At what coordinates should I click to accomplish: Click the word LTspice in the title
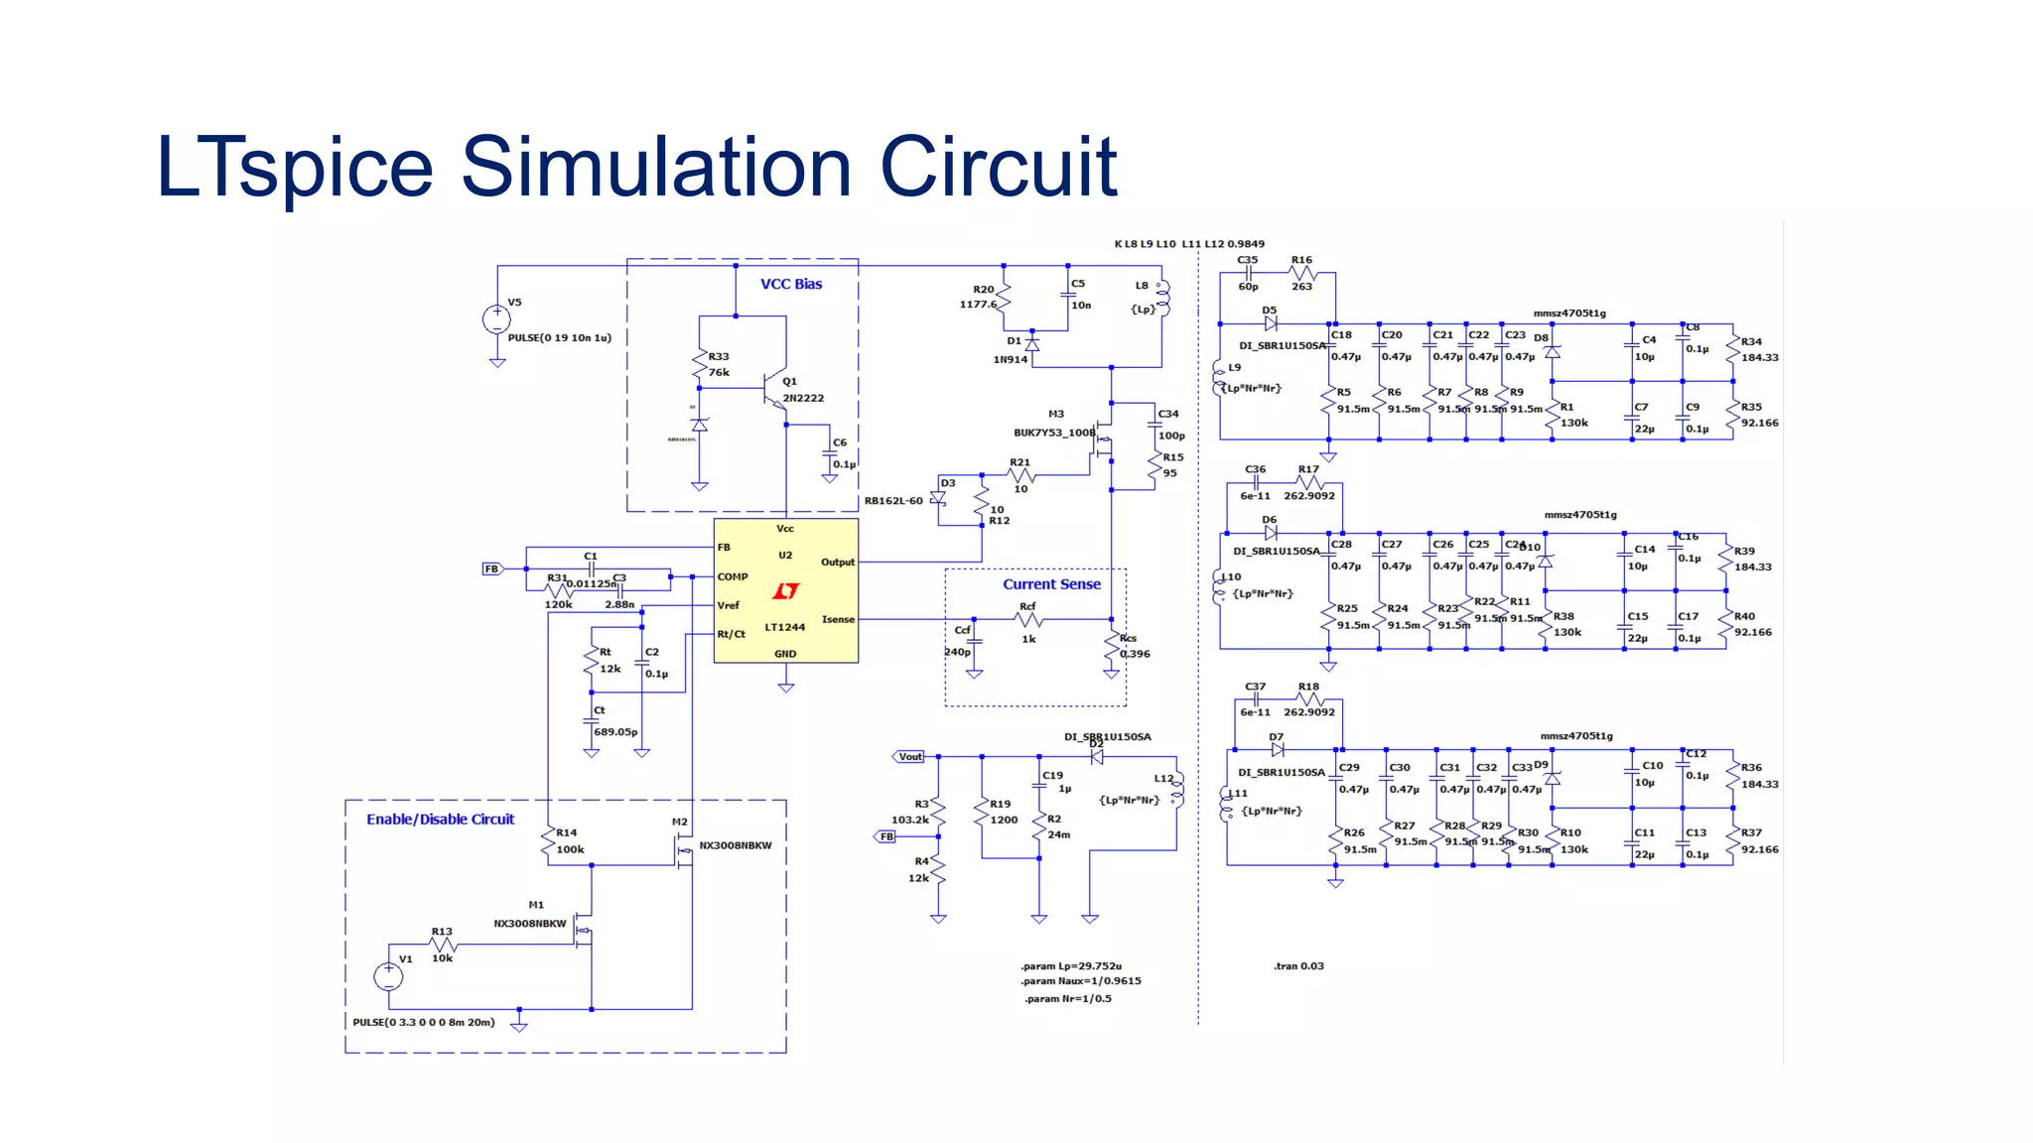(x=295, y=167)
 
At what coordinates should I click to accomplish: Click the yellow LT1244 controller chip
(x=785, y=590)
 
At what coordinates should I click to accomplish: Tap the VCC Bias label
(x=790, y=284)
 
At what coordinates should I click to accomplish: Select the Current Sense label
(x=1051, y=584)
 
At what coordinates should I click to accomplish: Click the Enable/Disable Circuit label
(x=440, y=820)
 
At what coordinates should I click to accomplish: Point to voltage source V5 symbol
(x=496, y=319)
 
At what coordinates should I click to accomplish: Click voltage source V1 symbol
(x=388, y=976)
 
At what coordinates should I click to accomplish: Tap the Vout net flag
(x=909, y=757)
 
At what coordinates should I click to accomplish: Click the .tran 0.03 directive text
(x=1298, y=966)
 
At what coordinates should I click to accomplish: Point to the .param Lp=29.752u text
(x=1070, y=966)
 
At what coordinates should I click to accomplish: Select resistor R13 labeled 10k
(x=443, y=945)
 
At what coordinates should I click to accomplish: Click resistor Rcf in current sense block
(x=1028, y=619)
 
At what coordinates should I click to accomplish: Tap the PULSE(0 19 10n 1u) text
(x=559, y=338)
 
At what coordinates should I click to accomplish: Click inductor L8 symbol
(x=1163, y=298)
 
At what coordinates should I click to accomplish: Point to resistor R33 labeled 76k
(x=700, y=364)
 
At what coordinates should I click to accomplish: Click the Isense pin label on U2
(x=837, y=619)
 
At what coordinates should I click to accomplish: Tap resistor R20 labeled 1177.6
(x=1004, y=297)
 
